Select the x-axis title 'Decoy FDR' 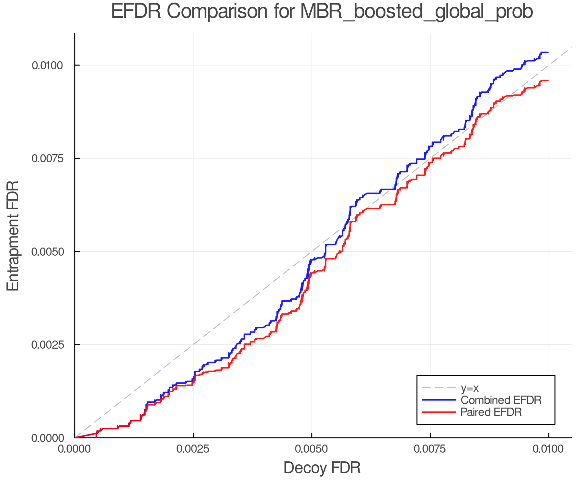pos(322,468)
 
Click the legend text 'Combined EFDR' pos(501,400)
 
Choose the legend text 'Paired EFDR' pos(491,412)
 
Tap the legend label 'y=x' pos(470,388)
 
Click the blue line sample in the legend pos(439,400)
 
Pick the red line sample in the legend pos(439,412)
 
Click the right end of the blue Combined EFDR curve pos(548,52)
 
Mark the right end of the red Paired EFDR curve pos(548,80)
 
